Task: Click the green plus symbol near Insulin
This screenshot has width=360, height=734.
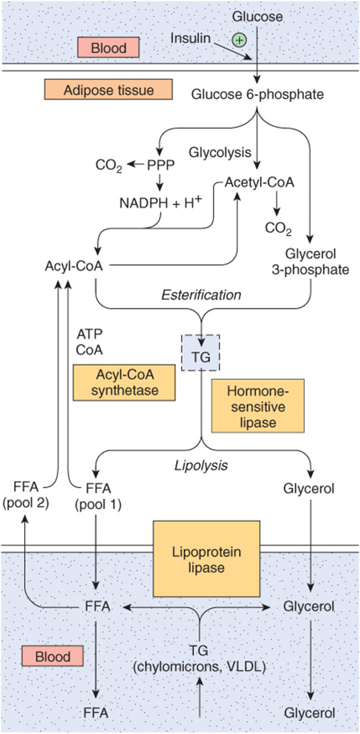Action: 238,40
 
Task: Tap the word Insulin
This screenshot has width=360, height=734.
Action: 189,36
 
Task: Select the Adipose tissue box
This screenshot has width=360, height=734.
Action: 108,89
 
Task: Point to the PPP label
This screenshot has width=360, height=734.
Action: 161,165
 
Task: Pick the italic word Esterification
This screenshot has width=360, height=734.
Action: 202,294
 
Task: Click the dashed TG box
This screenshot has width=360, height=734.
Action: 200,351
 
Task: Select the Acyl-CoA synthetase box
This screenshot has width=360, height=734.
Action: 124,383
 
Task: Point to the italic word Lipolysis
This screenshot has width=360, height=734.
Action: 201,466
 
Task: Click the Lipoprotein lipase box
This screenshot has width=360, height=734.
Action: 206,559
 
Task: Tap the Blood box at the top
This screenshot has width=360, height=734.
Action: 109,47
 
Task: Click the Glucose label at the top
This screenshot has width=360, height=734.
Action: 258,16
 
